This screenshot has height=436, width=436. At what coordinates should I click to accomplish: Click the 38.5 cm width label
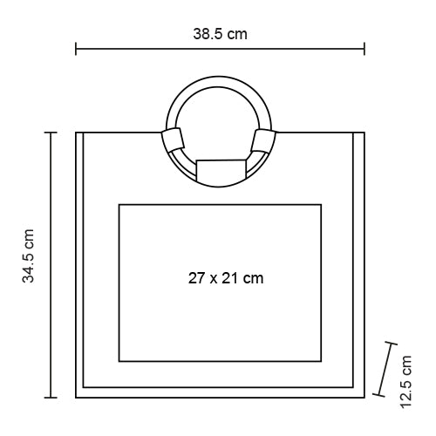pyautogui.click(x=220, y=34)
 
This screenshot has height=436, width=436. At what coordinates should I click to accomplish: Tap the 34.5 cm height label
pyautogui.click(x=29, y=256)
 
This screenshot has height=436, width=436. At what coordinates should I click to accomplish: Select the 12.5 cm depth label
pyautogui.click(x=405, y=382)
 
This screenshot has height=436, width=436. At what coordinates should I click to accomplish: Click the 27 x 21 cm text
pyautogui.click(x=226, y=278)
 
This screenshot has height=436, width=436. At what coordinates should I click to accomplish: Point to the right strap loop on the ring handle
pyautogui.click(x=263, y=141)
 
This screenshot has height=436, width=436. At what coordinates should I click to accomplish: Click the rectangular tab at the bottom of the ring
pyautogui.click(x=221, y=171)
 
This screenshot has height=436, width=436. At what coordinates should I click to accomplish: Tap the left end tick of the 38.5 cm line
pyautogui.click(x=76, y=49)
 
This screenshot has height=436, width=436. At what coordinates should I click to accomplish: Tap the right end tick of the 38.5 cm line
pyautogui.click(x=364, y=49)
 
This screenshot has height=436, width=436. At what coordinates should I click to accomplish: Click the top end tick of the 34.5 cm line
pyautogui.click(x=51, y=133)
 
